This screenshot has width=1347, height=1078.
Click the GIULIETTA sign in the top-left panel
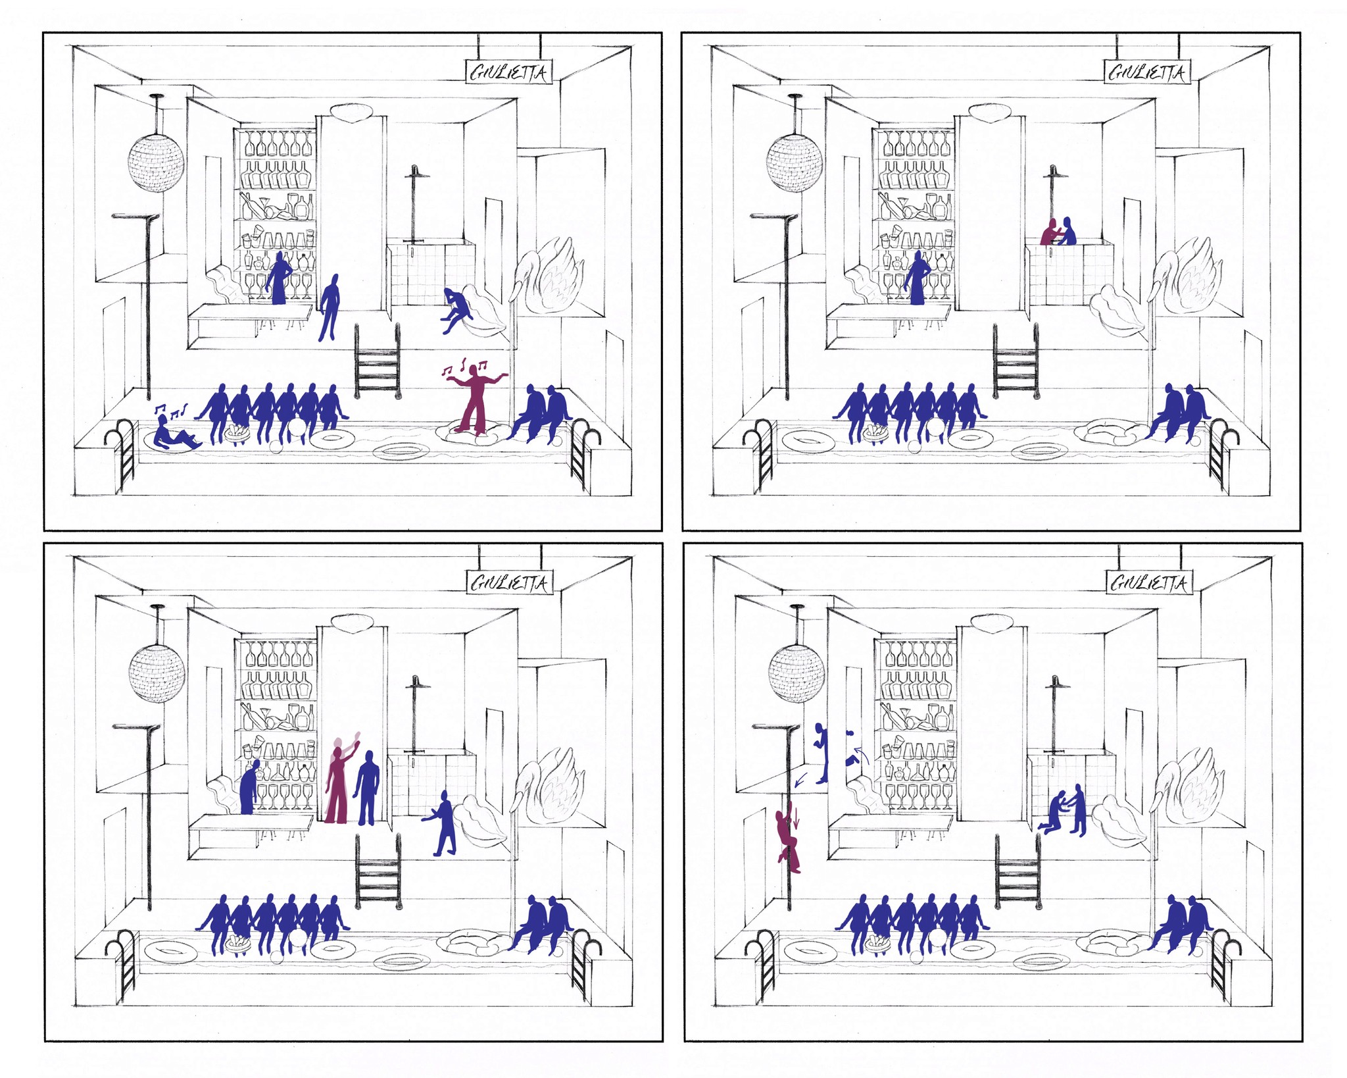(x=508, y=72)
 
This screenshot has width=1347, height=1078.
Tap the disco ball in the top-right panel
(x=795, y=163)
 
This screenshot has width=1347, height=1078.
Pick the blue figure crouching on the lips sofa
(x=455, y=310)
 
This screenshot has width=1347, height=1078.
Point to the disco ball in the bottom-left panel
(x=157, y=673)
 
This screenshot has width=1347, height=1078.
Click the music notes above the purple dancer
(x=465, y=369)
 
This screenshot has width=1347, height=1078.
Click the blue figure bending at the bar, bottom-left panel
(x=249, y=787)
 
